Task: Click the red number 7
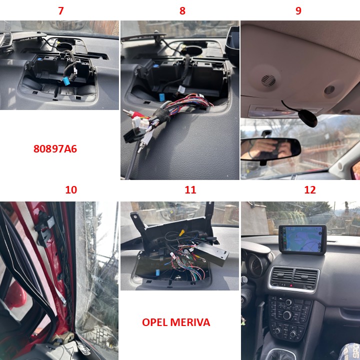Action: click(x=61, y=11)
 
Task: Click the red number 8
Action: click(x=182, y=11)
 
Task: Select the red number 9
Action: click(x=298, y=11)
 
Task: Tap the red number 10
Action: click(x=71, y=190)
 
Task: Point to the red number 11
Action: click(x=190, y=190)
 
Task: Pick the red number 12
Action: click(x=310, y=190)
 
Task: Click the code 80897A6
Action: click(x=55, y=149)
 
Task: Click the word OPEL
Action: click(x=155, y=322)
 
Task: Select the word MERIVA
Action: click(x=190, y=322)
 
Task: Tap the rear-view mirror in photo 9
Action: click(x=270, y=148)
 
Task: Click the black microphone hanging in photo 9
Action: click(x=307, y=118)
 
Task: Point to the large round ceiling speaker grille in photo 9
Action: click(x=268, y=80)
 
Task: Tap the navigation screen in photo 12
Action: click(x=302, y=239)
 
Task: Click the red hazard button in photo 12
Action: click(x=291, y=286)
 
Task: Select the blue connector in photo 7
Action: click(x=66, y=81)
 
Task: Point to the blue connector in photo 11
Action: click(x=158, y=272)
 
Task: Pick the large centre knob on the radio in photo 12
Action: click(x=287, y=315)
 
